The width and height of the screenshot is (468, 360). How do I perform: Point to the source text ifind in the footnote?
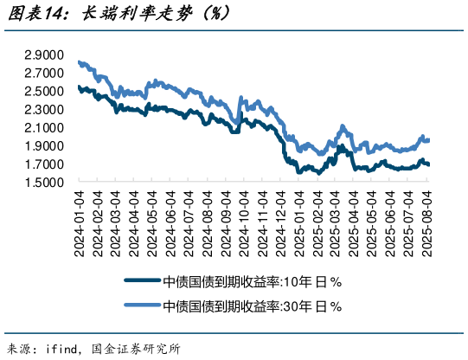pos(62,350)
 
